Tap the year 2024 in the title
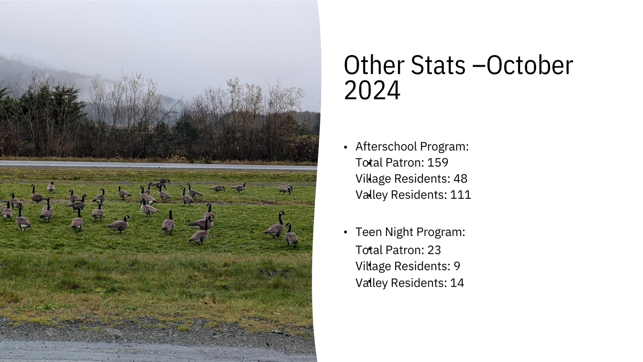(x=372, y=90)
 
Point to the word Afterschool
(x=385, y=146)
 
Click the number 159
(x=438, y=162)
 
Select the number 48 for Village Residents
(x=461, y=179)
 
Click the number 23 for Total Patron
(x=434, y=250)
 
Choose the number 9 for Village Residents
(x=457, y=266)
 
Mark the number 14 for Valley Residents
(x=457, y=283)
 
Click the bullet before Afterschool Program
(x=346, y=147)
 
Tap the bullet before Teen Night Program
(x=346, y=232)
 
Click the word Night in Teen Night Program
(x=399, y=232)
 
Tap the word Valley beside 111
(x=372, y=195)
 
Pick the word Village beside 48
(x=373, y=179)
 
